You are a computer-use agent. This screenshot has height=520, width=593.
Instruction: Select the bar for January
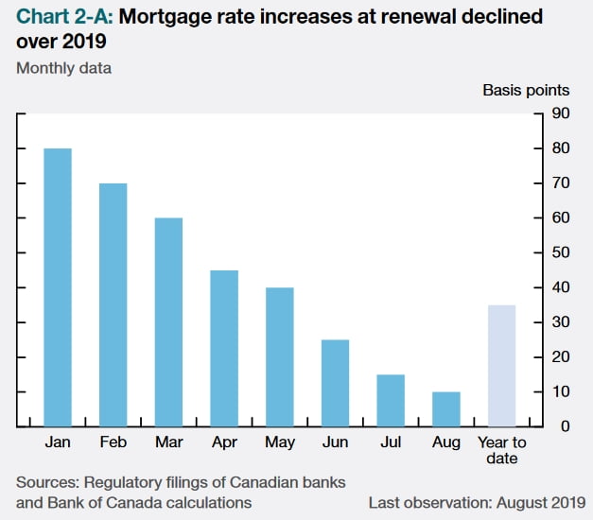(x=58, y=287)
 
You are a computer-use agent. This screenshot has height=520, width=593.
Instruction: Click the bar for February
(x=113, y=304)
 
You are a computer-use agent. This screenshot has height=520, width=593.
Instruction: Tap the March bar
(x=168, y=321)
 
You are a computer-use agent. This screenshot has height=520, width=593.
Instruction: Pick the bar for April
(x=224, y=348)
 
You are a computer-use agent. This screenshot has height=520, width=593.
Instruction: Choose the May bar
(x=279, y=356)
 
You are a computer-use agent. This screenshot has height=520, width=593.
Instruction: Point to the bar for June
(x=335, y=383)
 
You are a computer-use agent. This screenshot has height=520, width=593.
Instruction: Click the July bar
(x=391, y=400)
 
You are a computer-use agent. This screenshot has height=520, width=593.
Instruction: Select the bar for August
(x=445, y=408)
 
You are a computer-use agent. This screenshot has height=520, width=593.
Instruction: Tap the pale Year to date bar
(x=501, y=365)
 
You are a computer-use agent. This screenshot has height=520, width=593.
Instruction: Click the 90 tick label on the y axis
(x=561, y=113)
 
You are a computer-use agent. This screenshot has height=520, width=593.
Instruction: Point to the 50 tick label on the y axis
(x=561, y=252)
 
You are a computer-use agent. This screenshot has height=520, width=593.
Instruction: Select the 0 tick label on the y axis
(x=565, y=426)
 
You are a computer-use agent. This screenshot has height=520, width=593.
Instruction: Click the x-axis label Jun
(x=335, y=442)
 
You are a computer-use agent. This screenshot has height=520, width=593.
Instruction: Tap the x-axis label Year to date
(x=501, y=450)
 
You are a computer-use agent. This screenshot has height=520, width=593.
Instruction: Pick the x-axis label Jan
(x=58, y=442)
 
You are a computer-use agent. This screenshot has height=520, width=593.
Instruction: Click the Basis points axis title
(x=526, y=91)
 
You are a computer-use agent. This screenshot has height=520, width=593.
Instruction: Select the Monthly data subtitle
(x=63, y=67)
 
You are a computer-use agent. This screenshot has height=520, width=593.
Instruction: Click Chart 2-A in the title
(x=61, y=17)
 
